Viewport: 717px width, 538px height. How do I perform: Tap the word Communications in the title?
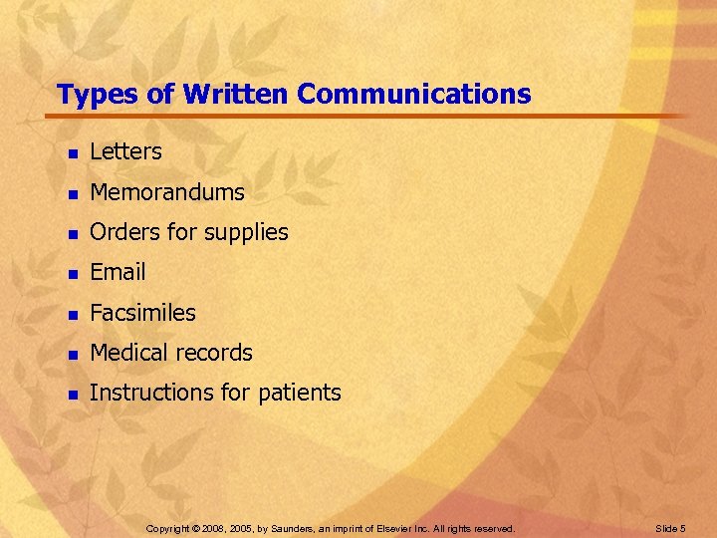[414, 95]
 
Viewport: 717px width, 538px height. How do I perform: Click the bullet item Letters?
[125, 151]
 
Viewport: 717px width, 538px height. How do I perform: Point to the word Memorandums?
[166, 191]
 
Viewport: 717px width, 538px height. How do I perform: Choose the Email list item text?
[118, 272]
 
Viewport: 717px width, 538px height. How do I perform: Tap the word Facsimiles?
[142, 313]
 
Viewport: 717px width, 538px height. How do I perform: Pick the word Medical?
[127, 353]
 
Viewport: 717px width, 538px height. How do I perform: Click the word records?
[212, 353]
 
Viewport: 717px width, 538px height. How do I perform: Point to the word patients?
[299, 394]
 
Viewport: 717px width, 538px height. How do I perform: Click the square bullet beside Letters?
[71, 153]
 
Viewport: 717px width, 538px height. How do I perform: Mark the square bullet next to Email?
[71, 274]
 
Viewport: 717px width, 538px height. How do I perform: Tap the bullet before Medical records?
[71, 355]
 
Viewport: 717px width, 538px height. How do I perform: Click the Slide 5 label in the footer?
[671, 528]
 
